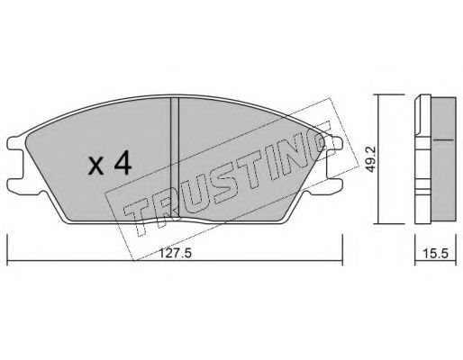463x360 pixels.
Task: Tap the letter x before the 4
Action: click(x=96, y=166)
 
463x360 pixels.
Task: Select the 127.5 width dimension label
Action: click(x=175, y=254)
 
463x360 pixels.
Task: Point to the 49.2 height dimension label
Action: click(x=371, y=159)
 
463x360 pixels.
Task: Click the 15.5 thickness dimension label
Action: click(x=435, y=254)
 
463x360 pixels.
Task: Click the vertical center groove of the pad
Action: click(x=175, y=157)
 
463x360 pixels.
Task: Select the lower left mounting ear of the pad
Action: click(x=16, y=186)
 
